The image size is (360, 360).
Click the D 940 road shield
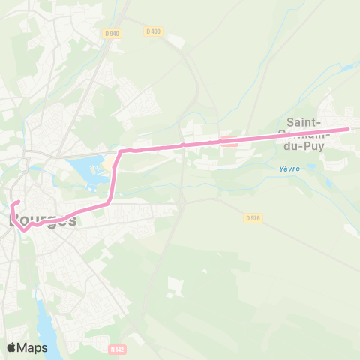click(x=112, y=34)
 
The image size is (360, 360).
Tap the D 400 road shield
click(x=153, y=31)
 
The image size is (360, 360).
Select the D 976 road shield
click(x=253, y=217)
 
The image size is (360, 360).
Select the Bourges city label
click(x=43, y=220)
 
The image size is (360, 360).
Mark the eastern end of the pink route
click(x=347, y=129)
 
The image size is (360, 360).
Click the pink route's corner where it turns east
click(x=121, y=151)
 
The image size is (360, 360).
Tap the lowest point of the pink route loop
click(x=23, y=230)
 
